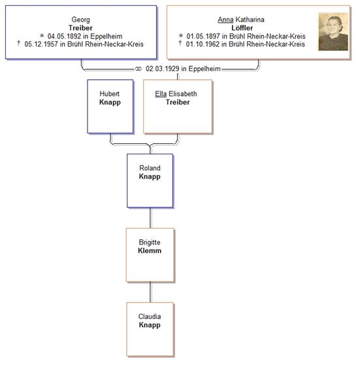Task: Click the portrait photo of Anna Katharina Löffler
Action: pos(333,31)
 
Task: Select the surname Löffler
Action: pos(242,28)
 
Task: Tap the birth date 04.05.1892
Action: pos(64,36)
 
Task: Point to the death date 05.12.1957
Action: pos(41,44)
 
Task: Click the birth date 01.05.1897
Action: pos(203,36)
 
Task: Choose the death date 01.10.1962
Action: pos(203,44)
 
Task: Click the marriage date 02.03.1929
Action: pos(163,69)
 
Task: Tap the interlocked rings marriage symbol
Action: pos(139,69)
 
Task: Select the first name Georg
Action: pos(80,20)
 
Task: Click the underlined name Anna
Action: pos(225,20)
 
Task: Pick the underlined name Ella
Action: pos(161,94)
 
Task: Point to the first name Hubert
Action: pos(109,94)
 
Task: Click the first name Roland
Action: pos(150,168)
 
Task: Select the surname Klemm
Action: pos(150,251)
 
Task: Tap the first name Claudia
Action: pos(150,316)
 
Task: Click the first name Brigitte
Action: pos(150,242)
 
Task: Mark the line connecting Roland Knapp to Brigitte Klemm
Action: pos(150,218)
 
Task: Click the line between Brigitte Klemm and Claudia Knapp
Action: pos(150,292)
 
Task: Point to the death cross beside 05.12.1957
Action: pos(19,43)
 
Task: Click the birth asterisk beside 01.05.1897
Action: pos(181,36)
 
